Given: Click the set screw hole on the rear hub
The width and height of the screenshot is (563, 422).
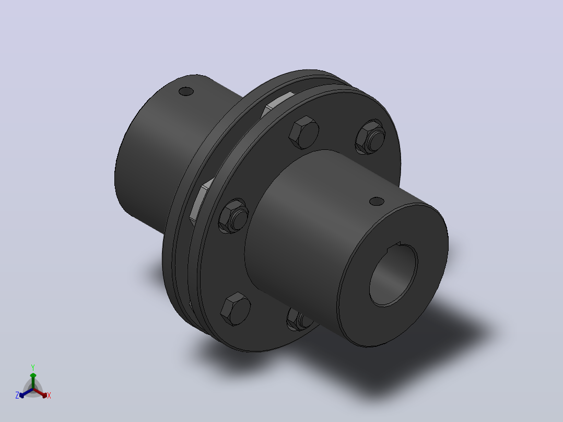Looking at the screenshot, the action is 186,91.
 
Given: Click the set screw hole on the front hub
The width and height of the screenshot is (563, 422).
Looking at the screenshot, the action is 377,202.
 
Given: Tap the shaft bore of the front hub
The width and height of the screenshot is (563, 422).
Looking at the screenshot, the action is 394,275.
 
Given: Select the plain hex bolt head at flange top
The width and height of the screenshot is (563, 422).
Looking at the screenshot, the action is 304,133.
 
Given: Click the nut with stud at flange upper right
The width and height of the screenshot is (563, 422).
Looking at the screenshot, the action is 370,137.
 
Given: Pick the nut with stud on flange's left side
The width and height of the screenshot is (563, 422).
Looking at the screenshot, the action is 234,216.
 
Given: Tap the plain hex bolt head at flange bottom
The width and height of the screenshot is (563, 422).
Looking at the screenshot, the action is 236,309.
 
